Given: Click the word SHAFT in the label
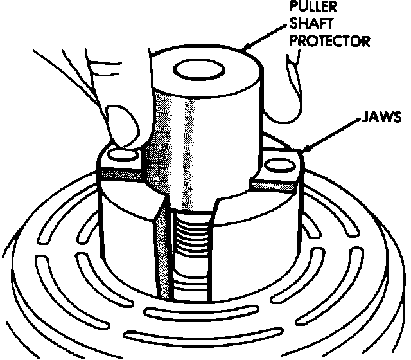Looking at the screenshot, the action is pos(309,26).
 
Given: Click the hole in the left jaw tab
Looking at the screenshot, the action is pos(120,155).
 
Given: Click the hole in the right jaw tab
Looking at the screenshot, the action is pos(281,166).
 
